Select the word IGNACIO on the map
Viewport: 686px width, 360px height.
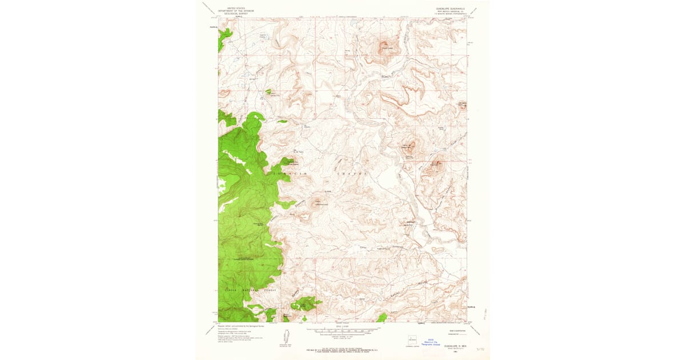click(282, 173)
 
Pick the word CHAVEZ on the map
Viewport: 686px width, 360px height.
click(349, 173)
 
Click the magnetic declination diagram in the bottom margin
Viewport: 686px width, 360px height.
click(285, 335)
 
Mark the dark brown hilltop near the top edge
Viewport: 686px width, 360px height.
click(387, 44)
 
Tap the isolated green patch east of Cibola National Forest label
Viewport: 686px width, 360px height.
click(306, 303)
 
